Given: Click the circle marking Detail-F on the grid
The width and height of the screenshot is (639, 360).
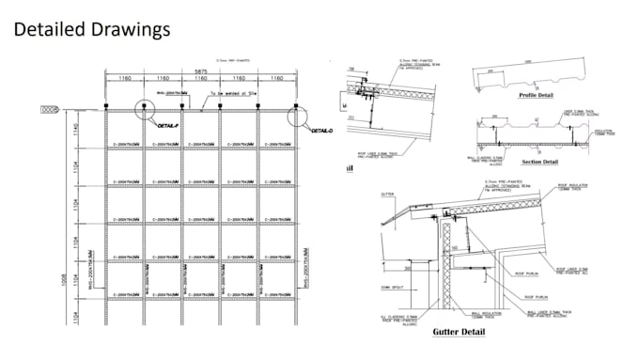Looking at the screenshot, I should [146, 112].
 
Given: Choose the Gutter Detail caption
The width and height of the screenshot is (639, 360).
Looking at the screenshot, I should [460, 333].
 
